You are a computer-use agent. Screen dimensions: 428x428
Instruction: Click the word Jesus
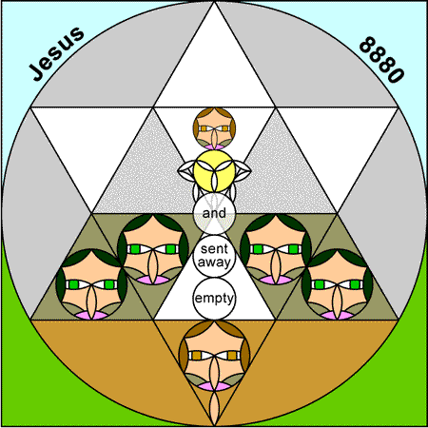[57, 53]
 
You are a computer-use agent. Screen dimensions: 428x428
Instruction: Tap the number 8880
[382, 60]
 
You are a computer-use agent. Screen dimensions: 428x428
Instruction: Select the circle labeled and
[214, 213]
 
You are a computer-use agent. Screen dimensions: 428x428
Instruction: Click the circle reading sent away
[214, 256]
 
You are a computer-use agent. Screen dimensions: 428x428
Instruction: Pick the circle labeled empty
[214, 299]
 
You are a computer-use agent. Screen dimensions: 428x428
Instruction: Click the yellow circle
[214, 171]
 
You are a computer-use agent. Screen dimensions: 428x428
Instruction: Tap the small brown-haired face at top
[214, 128]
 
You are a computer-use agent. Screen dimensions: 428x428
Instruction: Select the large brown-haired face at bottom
[214, 356]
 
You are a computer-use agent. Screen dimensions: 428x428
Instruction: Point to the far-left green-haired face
[91, 284]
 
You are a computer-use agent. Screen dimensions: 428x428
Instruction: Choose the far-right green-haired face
[338, 284]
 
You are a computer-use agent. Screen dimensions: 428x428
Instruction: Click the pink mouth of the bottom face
[214, 386]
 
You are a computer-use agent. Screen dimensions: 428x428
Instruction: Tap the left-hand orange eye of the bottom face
[197, 356]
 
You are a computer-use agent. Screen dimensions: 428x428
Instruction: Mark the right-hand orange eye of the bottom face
[232, 356]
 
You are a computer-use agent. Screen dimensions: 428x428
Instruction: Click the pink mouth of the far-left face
[91, 315]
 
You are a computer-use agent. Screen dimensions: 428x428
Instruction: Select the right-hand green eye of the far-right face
[355, 284]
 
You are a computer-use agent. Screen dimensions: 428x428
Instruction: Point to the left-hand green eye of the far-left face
[74, 284]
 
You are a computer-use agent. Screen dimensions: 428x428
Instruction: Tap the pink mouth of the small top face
[214, 146]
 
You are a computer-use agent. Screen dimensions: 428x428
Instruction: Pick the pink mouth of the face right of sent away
[276, 280]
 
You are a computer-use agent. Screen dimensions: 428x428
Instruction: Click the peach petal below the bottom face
[214, 408]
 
